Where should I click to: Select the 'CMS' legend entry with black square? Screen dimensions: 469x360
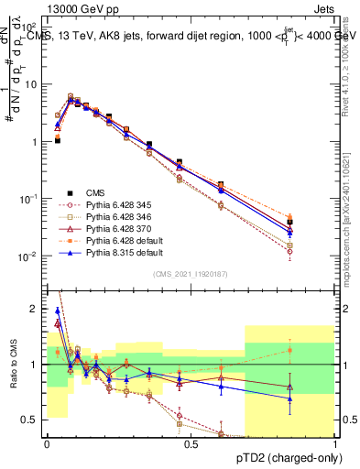coord(96,192)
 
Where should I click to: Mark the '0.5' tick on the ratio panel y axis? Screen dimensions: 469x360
coord(31,420)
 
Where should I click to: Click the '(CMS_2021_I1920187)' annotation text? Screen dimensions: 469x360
coord(190,274)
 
